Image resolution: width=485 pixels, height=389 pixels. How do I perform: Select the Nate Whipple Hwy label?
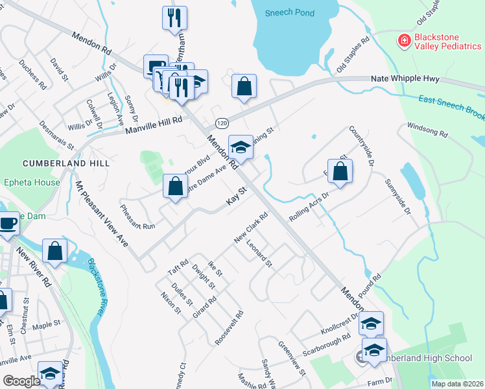click(x=405, y=78)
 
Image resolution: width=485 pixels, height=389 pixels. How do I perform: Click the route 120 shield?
click(x=222, y=123)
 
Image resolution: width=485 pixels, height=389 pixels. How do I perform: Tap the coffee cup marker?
click(x=8, y=224)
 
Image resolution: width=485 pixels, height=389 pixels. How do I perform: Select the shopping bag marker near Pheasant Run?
click(x=175, y=187)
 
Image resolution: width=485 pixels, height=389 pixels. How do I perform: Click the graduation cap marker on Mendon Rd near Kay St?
click(x=241, y=148)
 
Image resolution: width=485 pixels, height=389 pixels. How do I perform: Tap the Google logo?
click(x=21, y=381)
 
